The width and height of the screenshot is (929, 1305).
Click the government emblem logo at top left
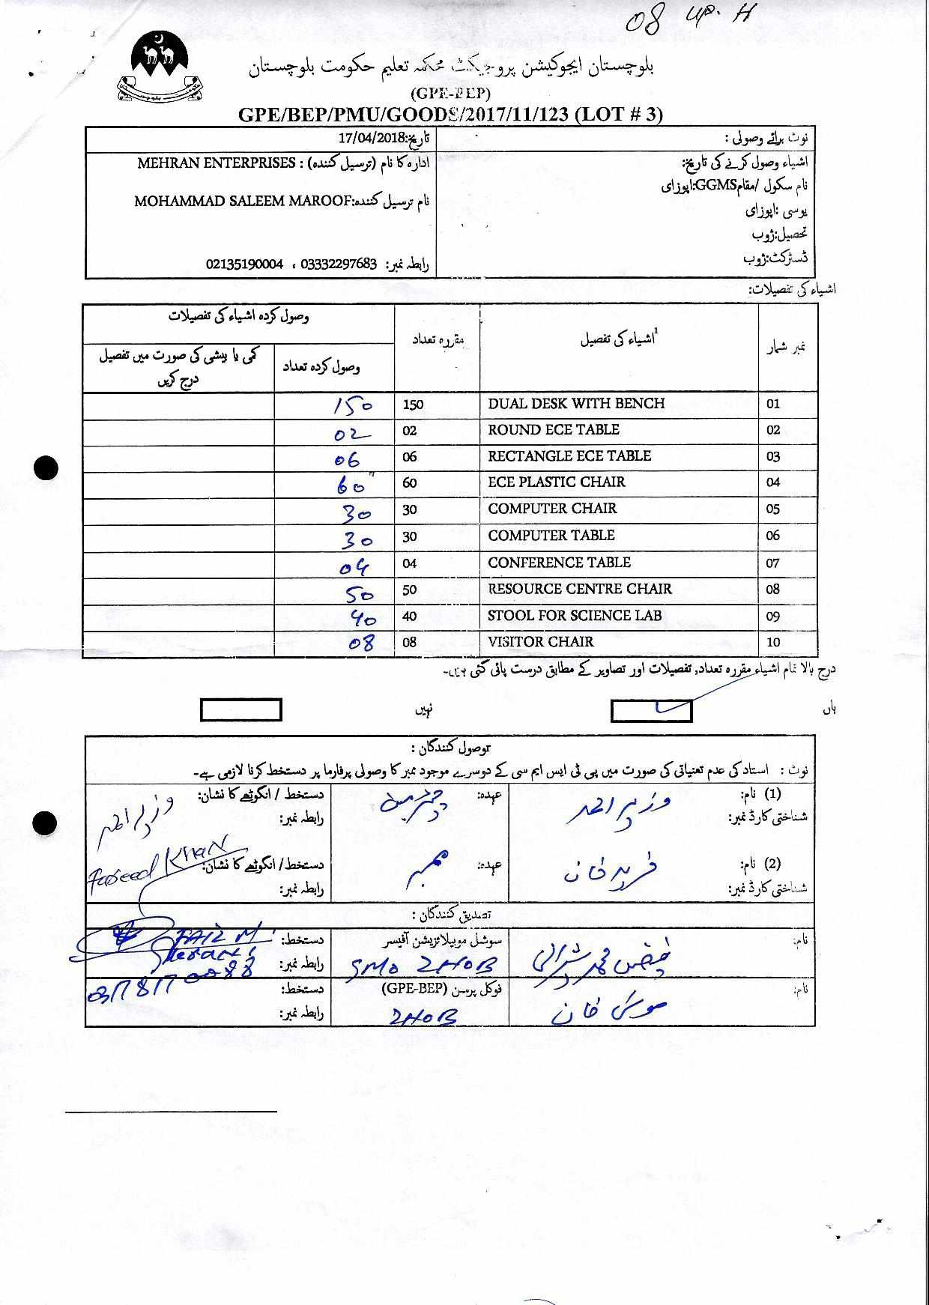[x=162, y=69]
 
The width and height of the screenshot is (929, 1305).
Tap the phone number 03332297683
[x=338, y=264]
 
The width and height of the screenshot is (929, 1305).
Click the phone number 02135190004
[x=245, y=264]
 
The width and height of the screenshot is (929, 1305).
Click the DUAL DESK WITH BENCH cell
[x=576, y=404]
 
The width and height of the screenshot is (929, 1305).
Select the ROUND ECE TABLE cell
[x=554, y=430]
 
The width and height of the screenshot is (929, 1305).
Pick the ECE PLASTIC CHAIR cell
[x=557, y=482]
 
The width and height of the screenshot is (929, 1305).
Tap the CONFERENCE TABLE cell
[x=560, y=563]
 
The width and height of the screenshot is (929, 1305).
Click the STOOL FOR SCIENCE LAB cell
[x=575, y=616]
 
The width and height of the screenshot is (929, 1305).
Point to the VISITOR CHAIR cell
[x=541, y=642]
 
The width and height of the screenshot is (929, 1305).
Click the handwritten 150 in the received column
[x=353, y=405]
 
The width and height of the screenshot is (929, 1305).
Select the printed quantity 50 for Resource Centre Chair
[x=410, y=590]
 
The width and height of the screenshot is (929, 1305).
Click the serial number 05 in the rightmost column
[x=773, y=509]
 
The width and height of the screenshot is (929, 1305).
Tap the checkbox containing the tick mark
[x=651, y=710]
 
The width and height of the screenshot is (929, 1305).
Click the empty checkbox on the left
[x=240, y=709]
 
